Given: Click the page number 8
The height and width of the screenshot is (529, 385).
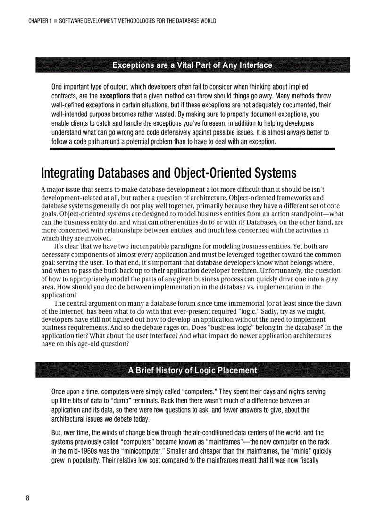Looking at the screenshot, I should (28, 499).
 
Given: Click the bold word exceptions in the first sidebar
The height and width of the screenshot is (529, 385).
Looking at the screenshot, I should (114, 96).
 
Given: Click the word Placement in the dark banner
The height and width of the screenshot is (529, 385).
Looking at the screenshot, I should (234, 370).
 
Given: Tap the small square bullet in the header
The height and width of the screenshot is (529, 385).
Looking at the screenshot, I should (56, 21).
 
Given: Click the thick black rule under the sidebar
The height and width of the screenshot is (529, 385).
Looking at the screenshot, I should (192, 149).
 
